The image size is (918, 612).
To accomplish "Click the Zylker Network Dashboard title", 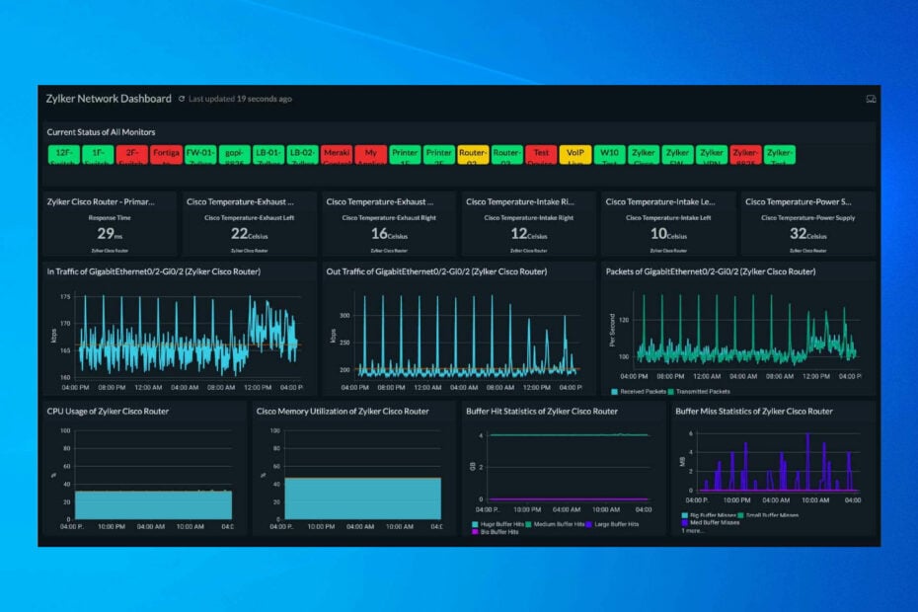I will (109, 99).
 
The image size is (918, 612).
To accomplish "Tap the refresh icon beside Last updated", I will (182, 99).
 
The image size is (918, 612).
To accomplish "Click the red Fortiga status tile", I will (166, 154).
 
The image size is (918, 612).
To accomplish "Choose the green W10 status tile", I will (608, 154).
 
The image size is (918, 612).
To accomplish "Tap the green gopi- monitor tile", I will (234, 154).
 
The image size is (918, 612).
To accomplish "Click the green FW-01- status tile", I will (199, 154).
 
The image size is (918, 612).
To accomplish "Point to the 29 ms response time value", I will (108, 233).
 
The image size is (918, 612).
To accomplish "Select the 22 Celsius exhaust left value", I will (247, 233).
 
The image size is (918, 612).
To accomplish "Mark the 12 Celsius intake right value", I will (527, 233).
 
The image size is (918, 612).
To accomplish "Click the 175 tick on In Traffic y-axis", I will (65, 297).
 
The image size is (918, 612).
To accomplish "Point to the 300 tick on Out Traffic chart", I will (344, 316).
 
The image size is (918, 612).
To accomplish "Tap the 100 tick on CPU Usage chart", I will (65, 430).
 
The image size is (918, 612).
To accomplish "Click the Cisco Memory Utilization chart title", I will (343, 411).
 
